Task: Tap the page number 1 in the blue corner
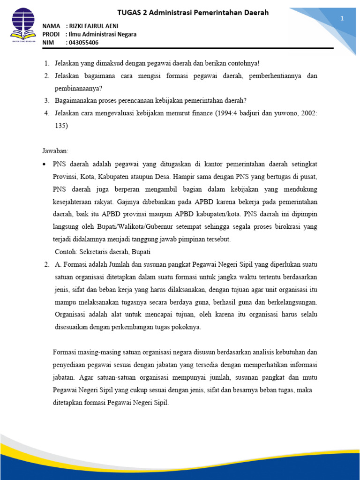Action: click(x=342, y=18)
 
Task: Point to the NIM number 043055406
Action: click(x=84, y=43)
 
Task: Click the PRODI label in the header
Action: click(x=51, y=34)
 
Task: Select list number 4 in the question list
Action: click(x=47, y=113)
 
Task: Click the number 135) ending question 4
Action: click(x=61, y=126)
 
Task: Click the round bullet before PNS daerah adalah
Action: click(x=44, y=164)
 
